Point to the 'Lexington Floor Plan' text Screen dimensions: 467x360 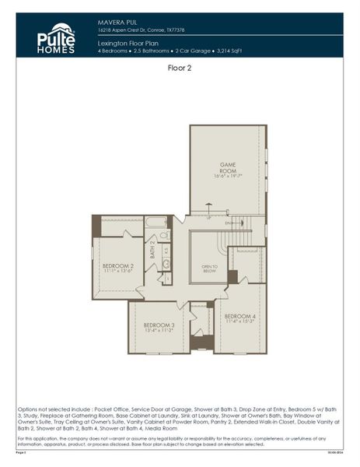pyautogui.click(x=128, y=44)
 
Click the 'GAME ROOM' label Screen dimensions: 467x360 pyautogui.click(x=226, y=168)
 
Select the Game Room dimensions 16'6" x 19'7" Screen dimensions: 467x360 pyautogui.click(x=226, y=177)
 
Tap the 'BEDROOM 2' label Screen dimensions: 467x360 pyautogui.click(x=117, y=266)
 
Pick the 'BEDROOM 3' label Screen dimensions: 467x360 pyautogui.click(x=158, y=325)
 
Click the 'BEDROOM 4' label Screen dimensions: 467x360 pyautogui.click(x=239, y=316)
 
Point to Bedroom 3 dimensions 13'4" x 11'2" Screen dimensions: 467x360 pyautogui.click(x=158, y=331)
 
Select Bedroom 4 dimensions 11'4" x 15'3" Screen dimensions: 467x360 pyautogui.click(x=239, y=322)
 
